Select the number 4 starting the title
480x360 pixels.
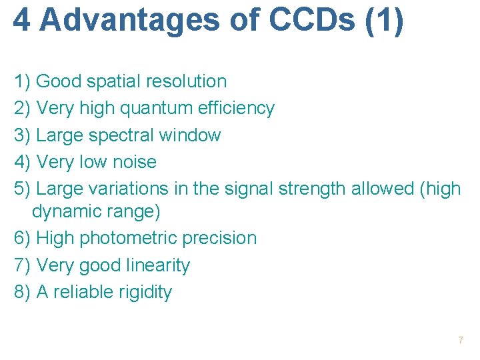click(22, 20)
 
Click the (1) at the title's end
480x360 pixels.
click(385, 20)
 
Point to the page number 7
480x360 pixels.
click(460, 341)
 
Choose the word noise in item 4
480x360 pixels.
click(135, 162)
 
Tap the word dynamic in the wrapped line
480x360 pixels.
click(65, 212)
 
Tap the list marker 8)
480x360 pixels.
click(23, 292)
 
